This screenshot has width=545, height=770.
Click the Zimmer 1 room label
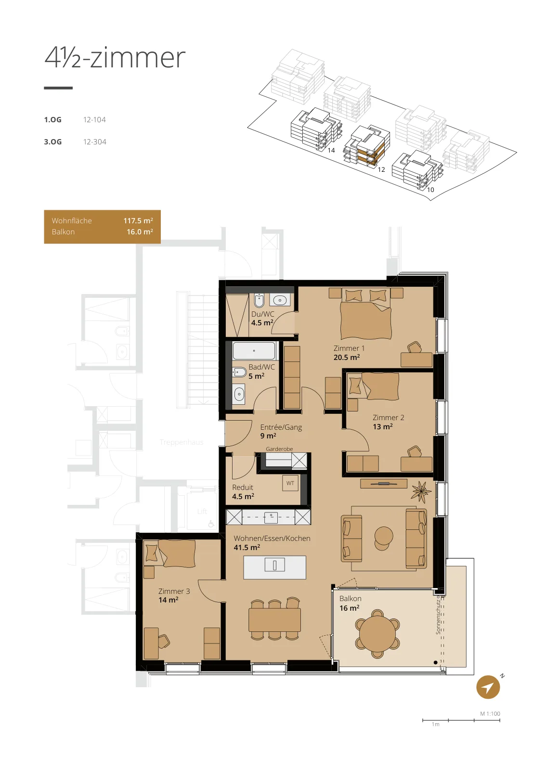[349, 348]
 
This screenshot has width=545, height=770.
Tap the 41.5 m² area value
[247, 547]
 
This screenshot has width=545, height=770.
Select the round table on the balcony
[377, 634]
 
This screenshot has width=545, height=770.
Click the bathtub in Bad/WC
[254, 351]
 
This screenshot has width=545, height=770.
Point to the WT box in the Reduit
[290, 483]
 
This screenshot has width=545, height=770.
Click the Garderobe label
[279, 449]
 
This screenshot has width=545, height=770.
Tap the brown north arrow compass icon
[488, 687]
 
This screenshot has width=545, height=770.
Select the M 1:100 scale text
[490, 714]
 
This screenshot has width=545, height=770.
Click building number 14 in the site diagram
[331, 150]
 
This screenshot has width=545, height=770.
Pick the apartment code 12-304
[94, 142]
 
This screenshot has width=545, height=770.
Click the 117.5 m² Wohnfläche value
[138, 221]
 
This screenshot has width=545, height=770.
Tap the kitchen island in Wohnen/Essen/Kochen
[275, 567]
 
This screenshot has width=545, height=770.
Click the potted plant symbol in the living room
[421, 491]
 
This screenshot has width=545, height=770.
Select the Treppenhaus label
[181, 442]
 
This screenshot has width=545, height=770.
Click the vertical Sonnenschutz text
[438, 616]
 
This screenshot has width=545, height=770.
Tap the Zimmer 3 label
[174, 591]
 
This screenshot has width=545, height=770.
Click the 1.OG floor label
[52, 120]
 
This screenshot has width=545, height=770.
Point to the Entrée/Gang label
[281, 427]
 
